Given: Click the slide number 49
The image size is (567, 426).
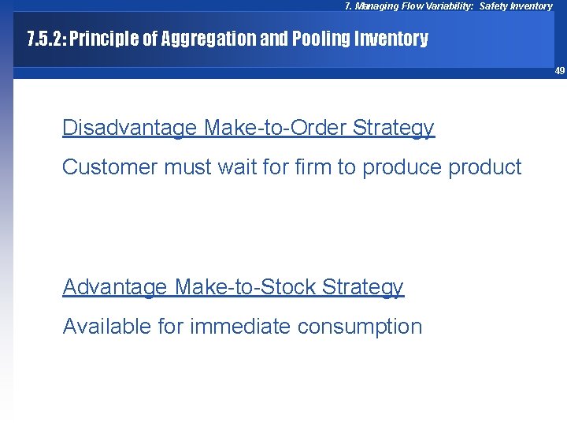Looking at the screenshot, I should [x=559, y=71].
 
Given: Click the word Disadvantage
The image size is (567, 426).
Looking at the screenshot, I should [x=129, y=129].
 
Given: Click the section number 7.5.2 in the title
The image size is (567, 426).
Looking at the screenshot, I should [x=44, y=39].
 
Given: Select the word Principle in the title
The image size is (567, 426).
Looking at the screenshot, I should [x=105, y=39].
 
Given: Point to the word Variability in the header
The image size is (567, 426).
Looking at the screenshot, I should [x=447, y=6].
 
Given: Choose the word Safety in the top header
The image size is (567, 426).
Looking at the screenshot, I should [x=494, y=6].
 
